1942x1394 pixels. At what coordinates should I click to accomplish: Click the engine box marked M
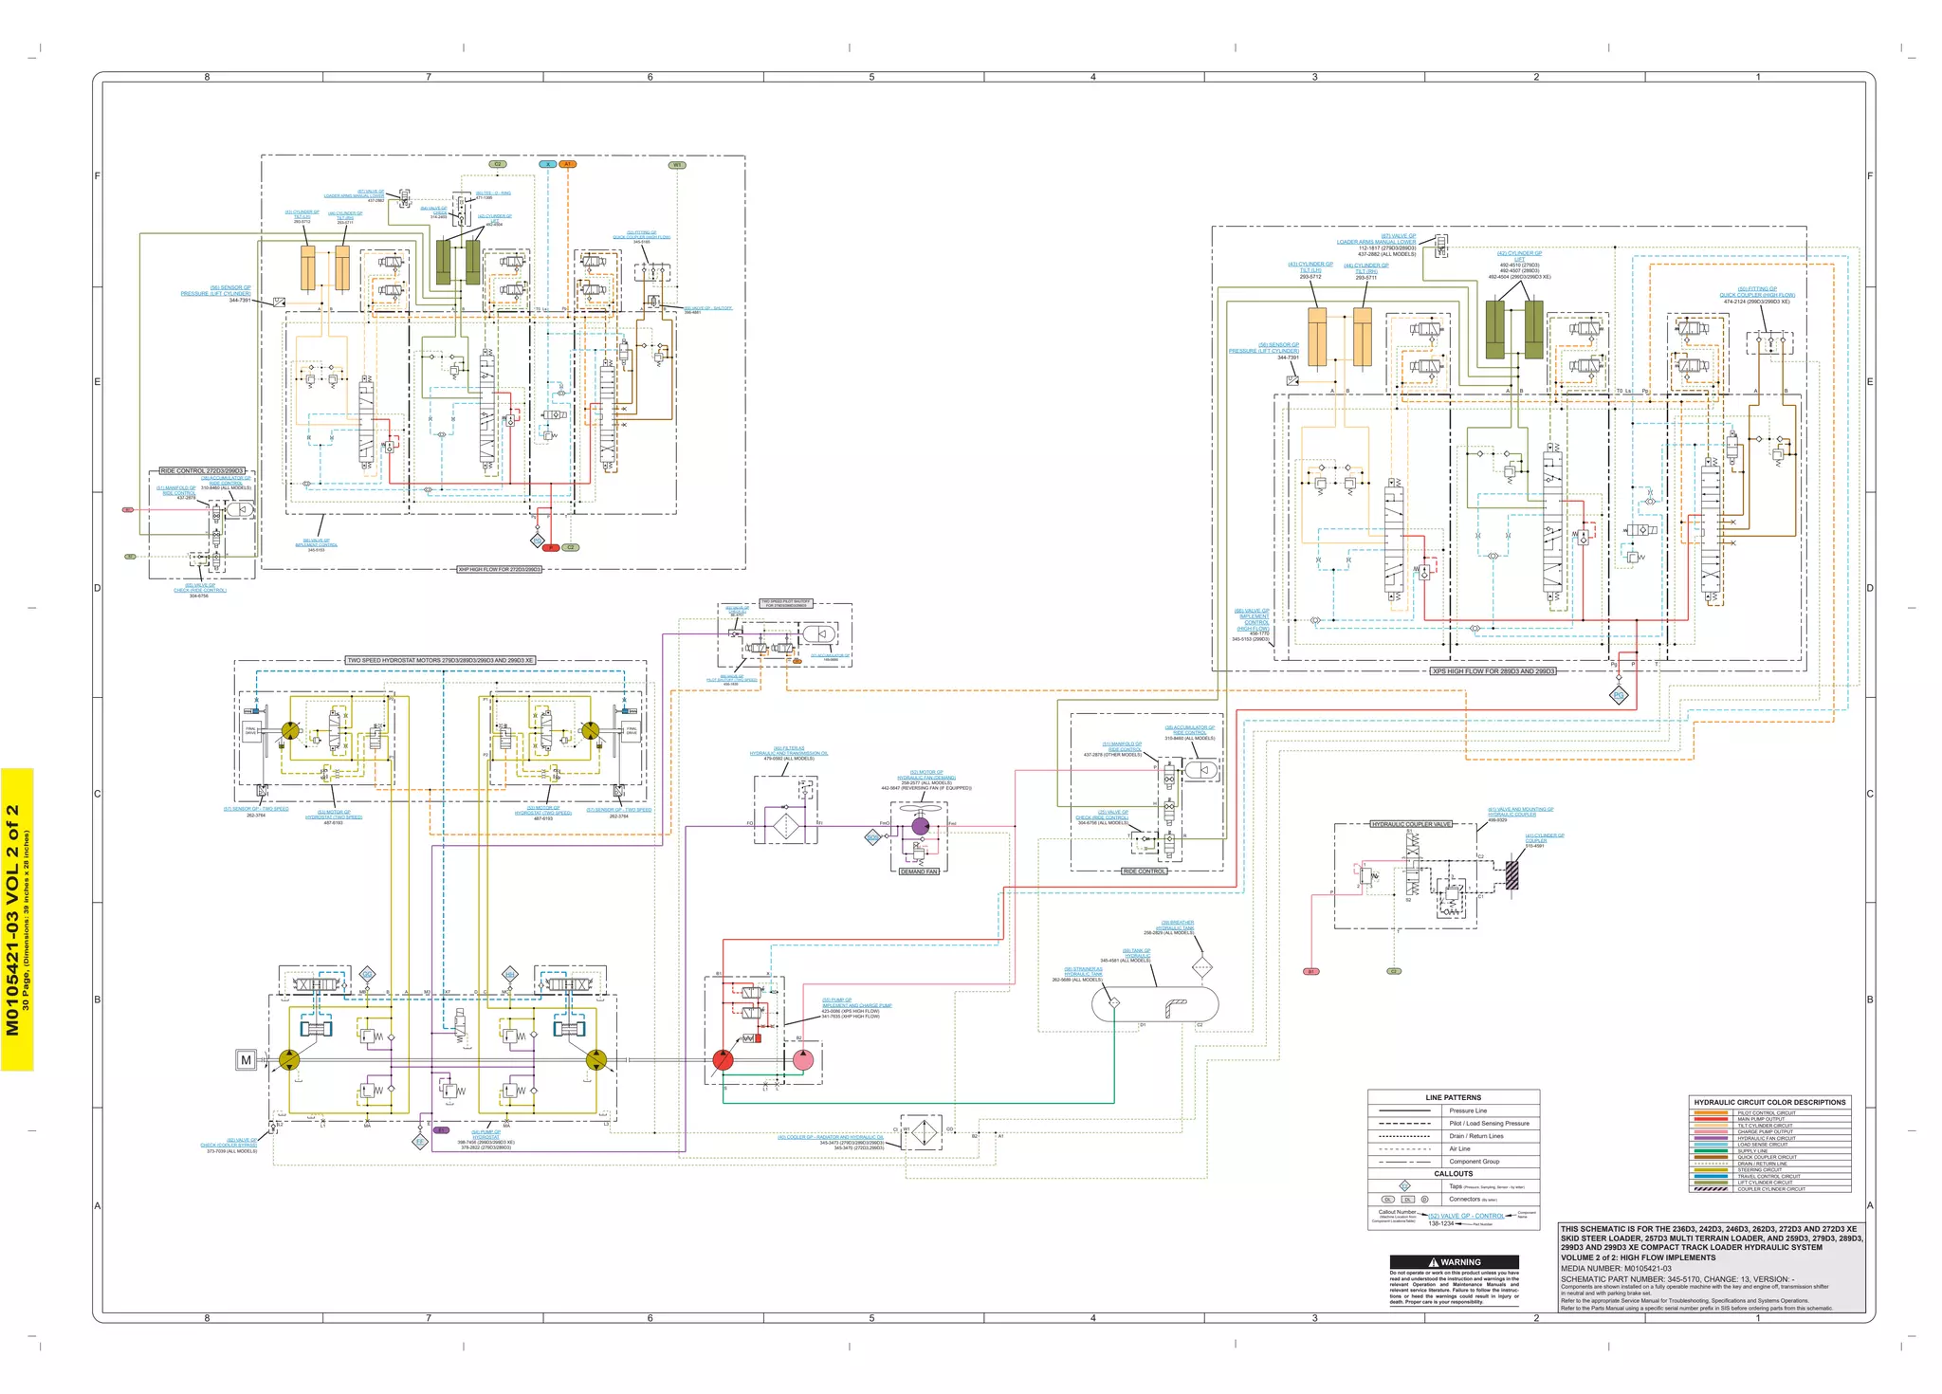click(x=247, y=1060)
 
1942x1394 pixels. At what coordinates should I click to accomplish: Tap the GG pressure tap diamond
click(x=367, y=975)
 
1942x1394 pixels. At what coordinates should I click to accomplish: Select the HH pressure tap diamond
click(x=509, y=975)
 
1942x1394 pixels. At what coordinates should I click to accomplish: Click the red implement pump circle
click(x=723, y=1060)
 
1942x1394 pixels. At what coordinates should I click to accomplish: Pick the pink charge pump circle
click(x=802, y=1060)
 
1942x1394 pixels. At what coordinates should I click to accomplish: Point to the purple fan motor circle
click(x=920, y=826)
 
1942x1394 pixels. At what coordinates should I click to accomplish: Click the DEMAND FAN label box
click(x=919, y=871)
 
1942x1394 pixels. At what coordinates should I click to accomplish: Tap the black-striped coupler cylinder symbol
click(x=1512, y=874)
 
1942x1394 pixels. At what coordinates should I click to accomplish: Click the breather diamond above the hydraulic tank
click(x=1201, y=968)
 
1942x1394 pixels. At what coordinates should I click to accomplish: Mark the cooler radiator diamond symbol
click(x=920, y=1132)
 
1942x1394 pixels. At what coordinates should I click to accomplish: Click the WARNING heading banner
click(x=1455, y=1262)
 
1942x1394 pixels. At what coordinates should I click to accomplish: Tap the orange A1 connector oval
click(x=567, y=164)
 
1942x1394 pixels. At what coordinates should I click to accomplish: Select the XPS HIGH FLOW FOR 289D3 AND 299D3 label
click(x=1493, y=671)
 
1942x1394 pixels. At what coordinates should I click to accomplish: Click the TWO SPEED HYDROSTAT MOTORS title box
click(x=440, y=660)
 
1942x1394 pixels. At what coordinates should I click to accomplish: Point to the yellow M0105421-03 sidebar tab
click(x=16, y=920)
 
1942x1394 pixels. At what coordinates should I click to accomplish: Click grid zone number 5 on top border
click(x=871, y=77)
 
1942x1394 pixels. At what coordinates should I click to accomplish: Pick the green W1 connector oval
click(x=677, y=165)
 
